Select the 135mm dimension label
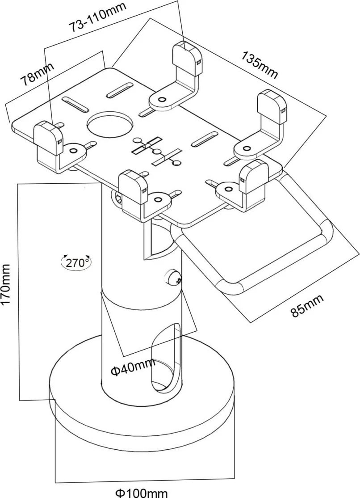tap(260, 65)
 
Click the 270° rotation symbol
tap(76, 262)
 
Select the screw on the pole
tap(173, 279)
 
